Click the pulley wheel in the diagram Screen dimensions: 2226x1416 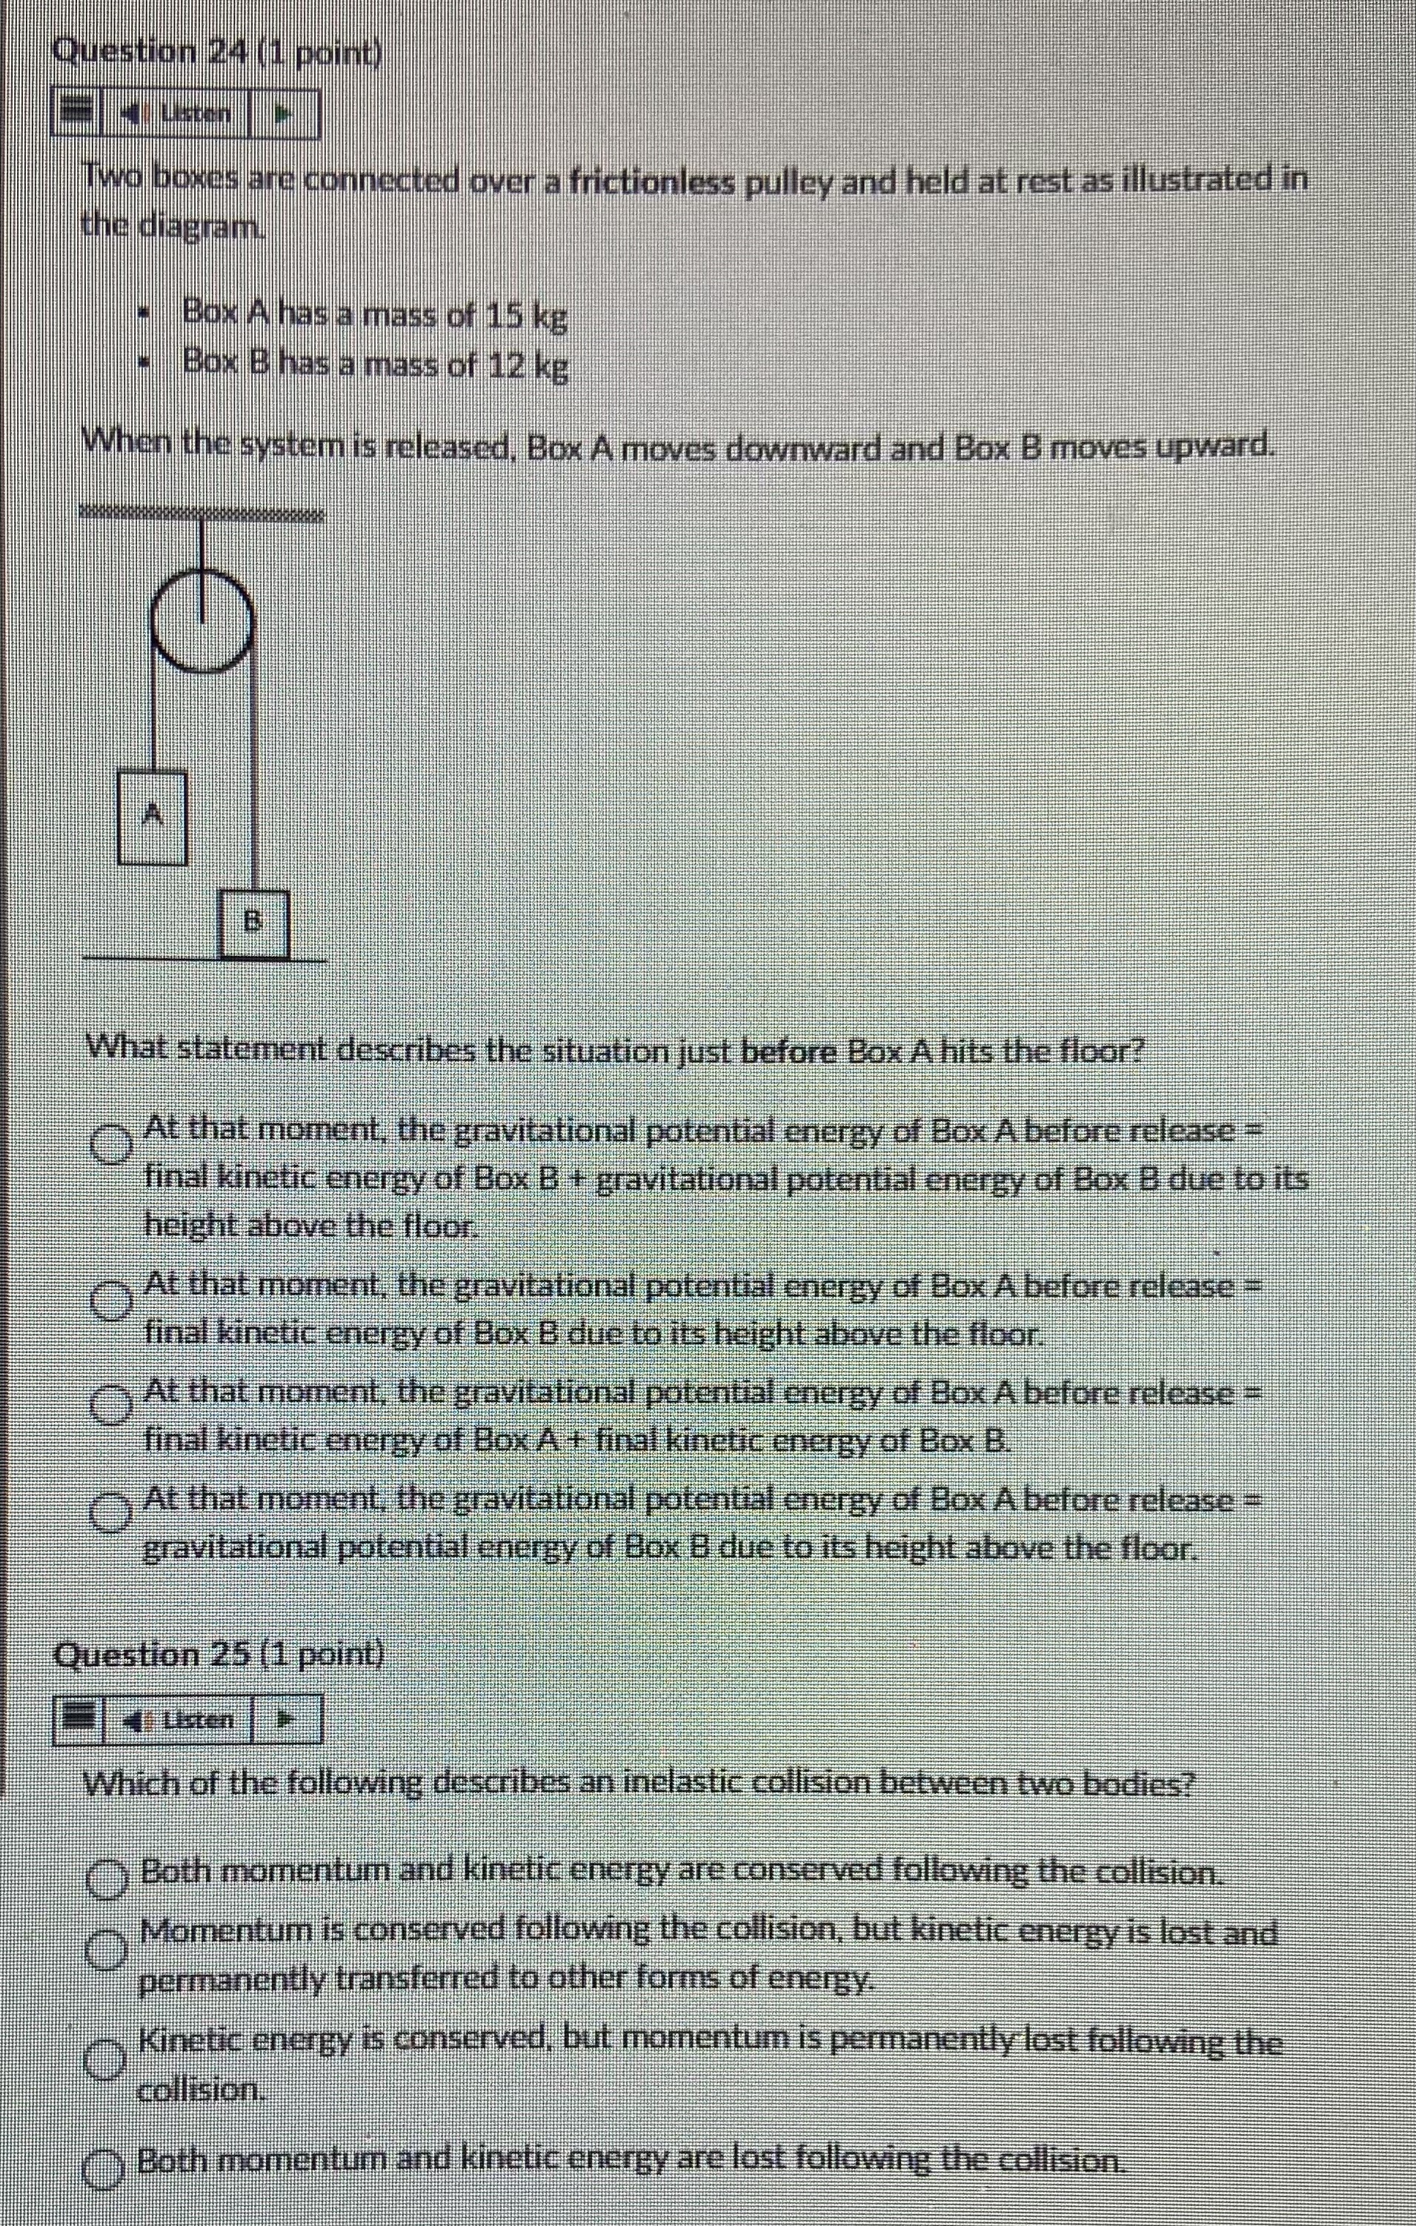pyautogui.click(x=202, y=620)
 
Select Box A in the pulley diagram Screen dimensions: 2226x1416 pyautogui.click(x=152, y=817)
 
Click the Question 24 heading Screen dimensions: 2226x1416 pyautogui.click(x=217, y=52)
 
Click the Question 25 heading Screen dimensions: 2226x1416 pyautogui.click(x=220, y=1654)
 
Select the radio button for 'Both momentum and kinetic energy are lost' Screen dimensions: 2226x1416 pyautogui.click(x=105, y=2162)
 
